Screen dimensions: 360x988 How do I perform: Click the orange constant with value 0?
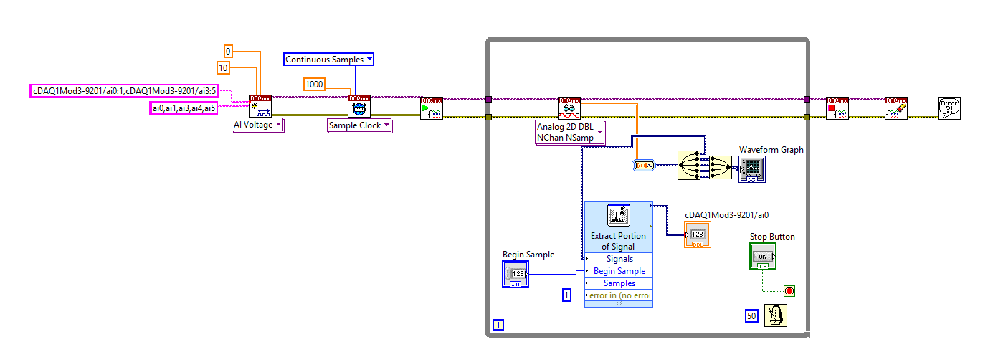(228, 52)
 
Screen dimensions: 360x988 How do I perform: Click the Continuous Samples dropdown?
(328, 60)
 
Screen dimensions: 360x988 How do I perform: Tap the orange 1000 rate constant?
(314, 84)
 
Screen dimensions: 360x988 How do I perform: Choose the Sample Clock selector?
(359, 125)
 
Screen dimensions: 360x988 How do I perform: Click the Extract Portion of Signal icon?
(618, 215)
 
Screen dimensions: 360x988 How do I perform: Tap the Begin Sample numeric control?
(516, 274)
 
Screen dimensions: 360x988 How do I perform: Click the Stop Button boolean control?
(763, 256)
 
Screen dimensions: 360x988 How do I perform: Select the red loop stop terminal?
(789, 291)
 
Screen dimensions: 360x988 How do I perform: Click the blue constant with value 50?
(751, 316)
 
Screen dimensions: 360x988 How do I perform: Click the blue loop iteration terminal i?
(498, 325)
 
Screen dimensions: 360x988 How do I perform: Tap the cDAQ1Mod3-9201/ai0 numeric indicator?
(698, 235)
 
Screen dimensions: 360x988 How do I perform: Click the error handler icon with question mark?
(949, 108)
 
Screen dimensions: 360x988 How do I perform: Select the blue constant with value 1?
(566, 295)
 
